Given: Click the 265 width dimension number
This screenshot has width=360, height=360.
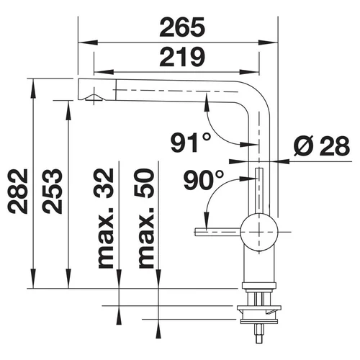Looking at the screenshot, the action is pos(182,27).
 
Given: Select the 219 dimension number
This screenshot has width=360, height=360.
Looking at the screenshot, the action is pos(182,57).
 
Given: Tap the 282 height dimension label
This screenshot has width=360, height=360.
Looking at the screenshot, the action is pos(17,191).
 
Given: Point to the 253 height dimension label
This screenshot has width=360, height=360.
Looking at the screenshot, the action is pos(52,191).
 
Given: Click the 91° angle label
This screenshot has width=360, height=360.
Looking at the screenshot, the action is pos(191,143).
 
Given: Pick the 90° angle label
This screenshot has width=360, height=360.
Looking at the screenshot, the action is pos(204,180).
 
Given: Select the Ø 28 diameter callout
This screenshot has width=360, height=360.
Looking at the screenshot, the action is pos(322,145).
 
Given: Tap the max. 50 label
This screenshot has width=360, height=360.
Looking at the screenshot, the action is pos(145,218).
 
